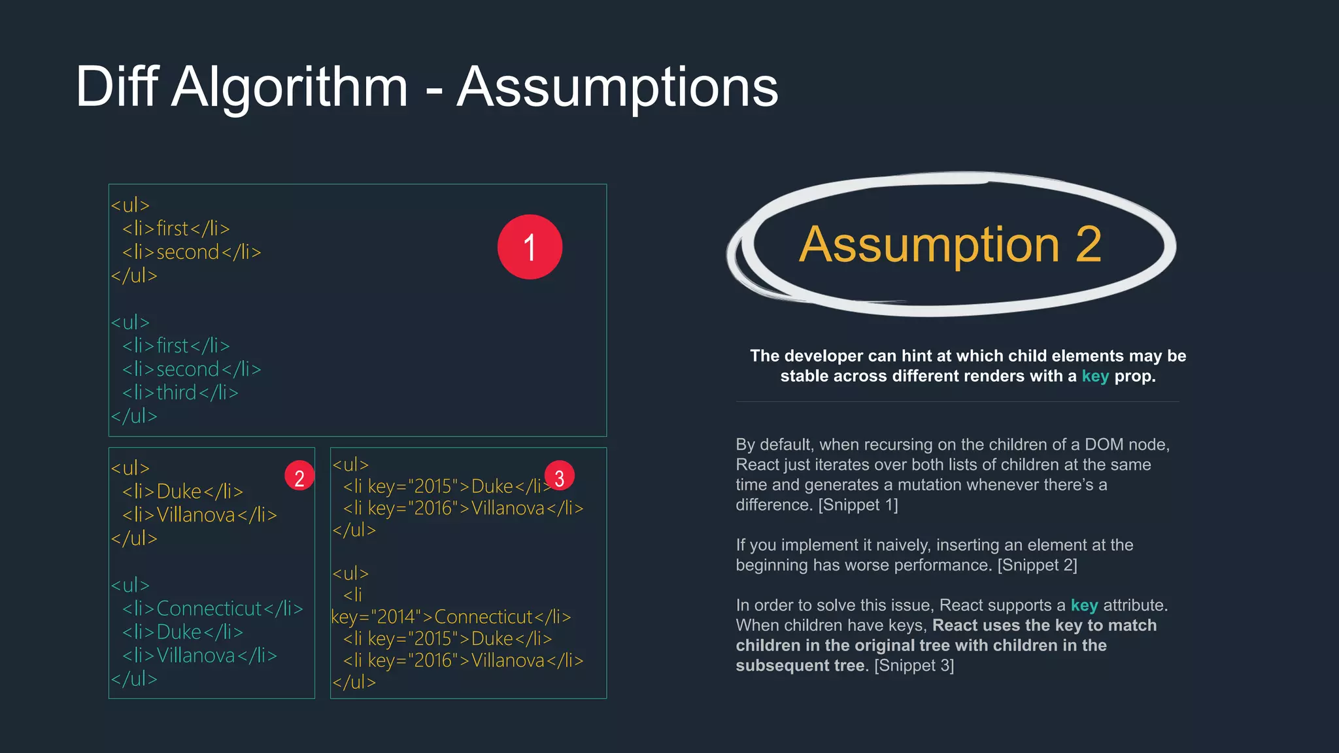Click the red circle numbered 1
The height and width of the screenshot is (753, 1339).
[x=530, y=247]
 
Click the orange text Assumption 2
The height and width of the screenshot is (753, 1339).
[x=950, y=244]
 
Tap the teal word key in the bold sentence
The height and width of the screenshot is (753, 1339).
[x=1095, y=376]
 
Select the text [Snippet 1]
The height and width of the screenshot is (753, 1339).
[x=858, y=505]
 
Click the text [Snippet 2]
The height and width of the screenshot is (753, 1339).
[x=1037, y=565]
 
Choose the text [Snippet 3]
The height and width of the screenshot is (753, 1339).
[x=914, y=666]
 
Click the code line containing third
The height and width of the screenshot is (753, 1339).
[x=180, y=393]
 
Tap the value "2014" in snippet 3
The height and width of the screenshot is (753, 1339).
[x=395, y=617]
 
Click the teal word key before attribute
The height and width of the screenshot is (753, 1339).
[x=1084, y=606]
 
